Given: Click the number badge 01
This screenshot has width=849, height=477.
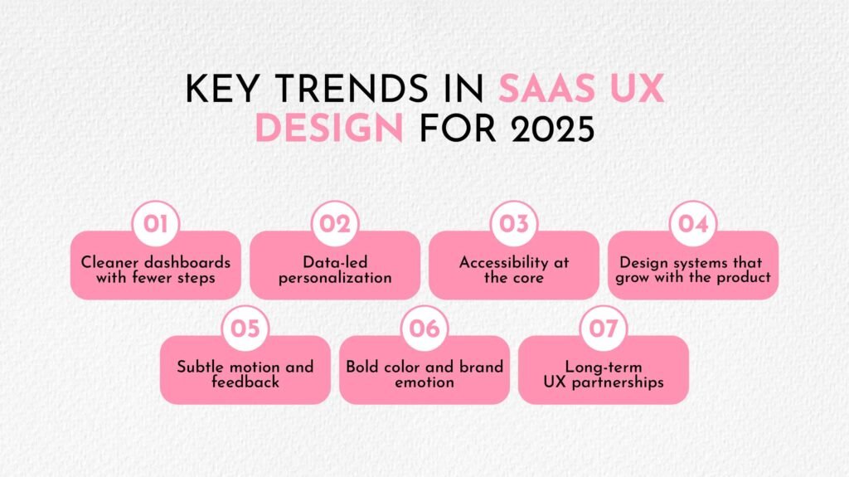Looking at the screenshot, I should tap(156, 224).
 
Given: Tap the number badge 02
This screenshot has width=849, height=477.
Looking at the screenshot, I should tap(335, 224).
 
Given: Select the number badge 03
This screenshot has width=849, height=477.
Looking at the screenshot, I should tap(514, 224).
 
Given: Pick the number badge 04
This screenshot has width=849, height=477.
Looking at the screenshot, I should tap(693, 224).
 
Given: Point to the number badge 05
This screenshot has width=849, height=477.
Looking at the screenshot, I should tap(245, 329).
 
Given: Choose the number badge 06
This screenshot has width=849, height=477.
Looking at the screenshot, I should tap(424, 329).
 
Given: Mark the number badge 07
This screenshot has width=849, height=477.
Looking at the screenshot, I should tap(604, 329).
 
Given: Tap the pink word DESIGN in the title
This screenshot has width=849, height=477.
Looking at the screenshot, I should tap(329, 129).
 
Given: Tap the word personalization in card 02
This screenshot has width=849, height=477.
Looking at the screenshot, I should tap(335, 278).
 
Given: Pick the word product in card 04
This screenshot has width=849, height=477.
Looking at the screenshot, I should tap(744, 278).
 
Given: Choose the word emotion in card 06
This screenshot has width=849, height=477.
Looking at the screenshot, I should tap(424, 382).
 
